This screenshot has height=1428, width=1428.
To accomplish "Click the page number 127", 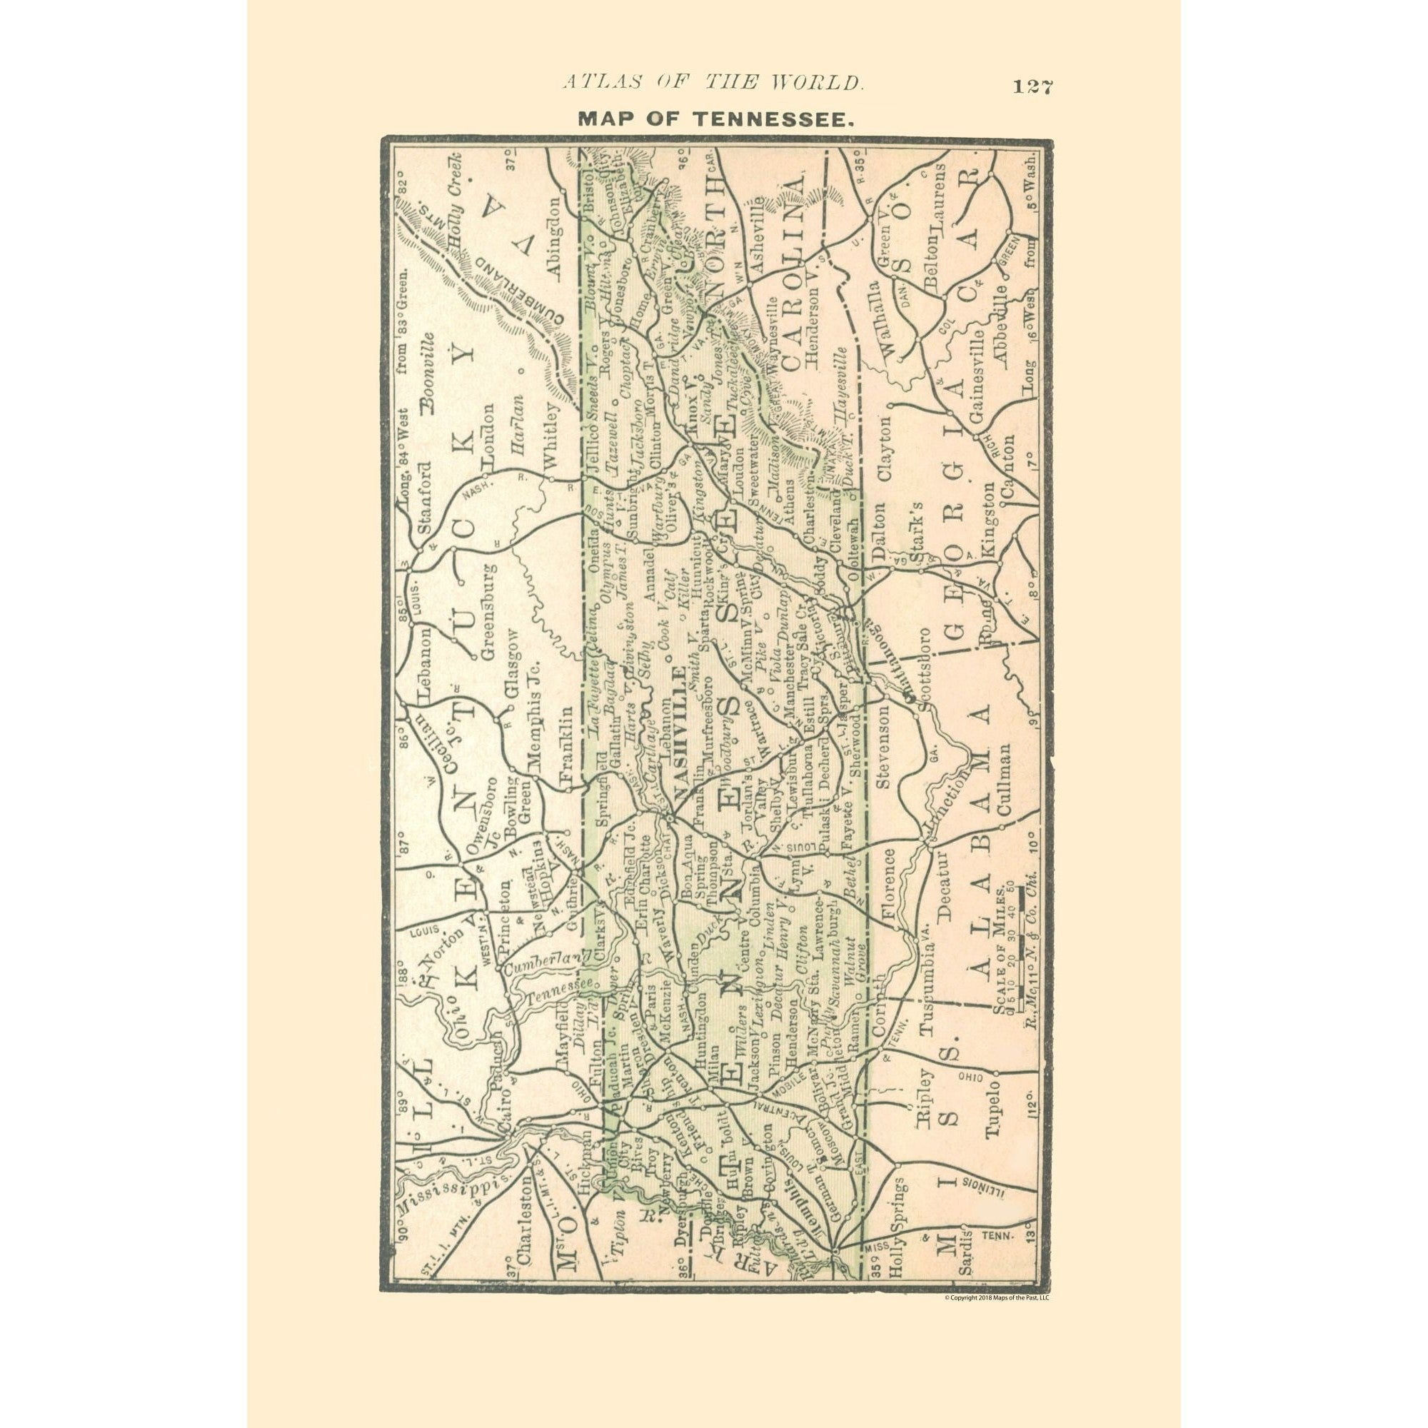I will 1032,86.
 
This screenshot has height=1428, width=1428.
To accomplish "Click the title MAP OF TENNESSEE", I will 715,119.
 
